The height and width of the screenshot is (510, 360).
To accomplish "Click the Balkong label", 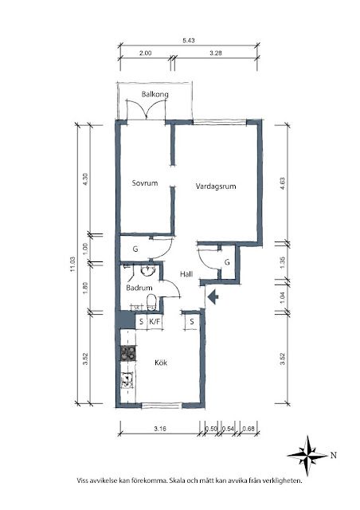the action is coord(155,95).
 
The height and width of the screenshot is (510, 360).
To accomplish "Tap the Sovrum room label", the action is coord(145,182).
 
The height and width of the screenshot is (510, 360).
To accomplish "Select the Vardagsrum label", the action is coord(216,186).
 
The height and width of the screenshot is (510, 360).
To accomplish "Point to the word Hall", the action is coord(186,274).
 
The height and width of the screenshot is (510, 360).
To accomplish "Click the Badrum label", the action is coord(139,288).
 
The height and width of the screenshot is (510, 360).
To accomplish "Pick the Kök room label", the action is coord(161,363).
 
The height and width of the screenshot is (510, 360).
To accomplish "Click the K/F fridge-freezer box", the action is coord(155,322).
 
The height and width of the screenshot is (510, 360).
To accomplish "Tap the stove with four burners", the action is coord(128,354).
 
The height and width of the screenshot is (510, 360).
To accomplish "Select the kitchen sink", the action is coord(127,380).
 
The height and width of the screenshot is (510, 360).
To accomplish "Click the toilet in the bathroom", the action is coord(151,302).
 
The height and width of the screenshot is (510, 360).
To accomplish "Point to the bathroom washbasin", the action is coord(148,271).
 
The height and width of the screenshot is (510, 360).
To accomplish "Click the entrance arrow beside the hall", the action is coord(213,297).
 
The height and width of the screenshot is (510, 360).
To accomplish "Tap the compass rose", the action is coord(307,456).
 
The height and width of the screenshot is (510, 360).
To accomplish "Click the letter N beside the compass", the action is coord(334,456).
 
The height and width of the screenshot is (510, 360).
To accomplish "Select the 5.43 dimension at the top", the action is coord(189,41).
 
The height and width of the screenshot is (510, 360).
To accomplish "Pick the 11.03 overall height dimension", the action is coord(72,265).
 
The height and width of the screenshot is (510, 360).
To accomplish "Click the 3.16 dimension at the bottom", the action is coord(160,429).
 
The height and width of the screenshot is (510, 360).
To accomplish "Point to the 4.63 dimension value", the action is coord(282,183).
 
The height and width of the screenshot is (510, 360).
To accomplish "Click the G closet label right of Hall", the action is coord(227,262).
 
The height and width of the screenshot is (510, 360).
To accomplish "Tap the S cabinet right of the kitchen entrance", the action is coord(192,322).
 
